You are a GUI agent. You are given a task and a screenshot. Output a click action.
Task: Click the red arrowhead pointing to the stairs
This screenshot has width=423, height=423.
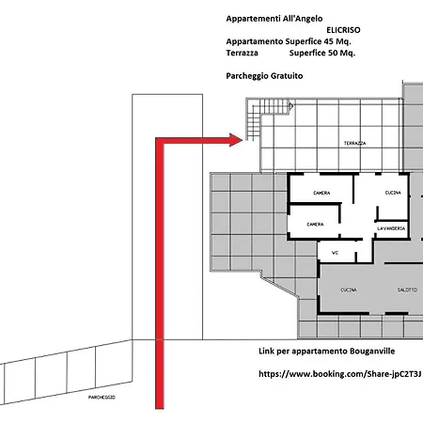[x=236, y=140]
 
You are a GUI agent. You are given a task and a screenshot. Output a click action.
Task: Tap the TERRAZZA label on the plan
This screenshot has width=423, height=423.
[x=354, y=143]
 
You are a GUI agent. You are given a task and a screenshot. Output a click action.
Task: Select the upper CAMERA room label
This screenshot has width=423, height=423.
[x=321, y=193]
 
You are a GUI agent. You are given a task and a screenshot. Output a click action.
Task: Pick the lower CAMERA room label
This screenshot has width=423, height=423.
[x=315, y=225]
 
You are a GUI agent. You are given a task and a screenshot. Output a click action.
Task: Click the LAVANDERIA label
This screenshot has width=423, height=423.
[x=391, y=228]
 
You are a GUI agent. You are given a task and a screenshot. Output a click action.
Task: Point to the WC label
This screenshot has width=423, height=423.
[x=335, y=253]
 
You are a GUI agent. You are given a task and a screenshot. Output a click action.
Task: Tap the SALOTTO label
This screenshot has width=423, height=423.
[x=407, y=290]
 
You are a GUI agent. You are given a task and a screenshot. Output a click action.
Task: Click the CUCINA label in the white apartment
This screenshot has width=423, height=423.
[x=393, y=193]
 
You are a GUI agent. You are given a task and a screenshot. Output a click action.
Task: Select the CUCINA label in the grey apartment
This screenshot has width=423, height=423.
[x=349, y=290]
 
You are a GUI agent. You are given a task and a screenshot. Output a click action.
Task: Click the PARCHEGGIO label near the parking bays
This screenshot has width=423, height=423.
[x=102, y=398]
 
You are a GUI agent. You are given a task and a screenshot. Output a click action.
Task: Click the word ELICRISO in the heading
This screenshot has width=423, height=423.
[x=343, y=30]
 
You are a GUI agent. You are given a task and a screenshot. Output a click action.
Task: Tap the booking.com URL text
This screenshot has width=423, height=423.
[x=340, y=374]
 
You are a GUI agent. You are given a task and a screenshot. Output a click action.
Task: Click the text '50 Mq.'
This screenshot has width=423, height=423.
[x=341, y=53]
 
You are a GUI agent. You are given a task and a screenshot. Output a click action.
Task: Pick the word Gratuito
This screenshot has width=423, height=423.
[x=287, y=76]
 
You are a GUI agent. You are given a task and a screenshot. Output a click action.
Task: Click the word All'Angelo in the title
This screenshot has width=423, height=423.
[x=303, y=19]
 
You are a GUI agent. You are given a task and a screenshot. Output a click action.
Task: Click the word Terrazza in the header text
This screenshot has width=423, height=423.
[x=243, y=53]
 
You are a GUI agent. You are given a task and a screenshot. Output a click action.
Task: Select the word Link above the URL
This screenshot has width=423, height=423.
[x=266, y=352]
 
